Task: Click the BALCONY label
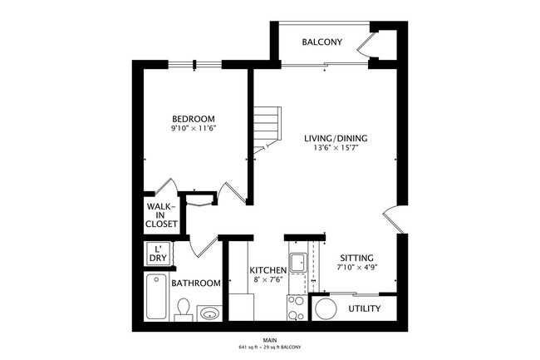pos(322,42)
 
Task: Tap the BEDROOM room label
pos(193,117)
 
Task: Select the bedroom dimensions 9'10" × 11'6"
pos(193,129)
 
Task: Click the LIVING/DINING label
pos(336,138)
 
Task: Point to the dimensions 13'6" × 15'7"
pos(336,149)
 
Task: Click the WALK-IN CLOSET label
pos(160,215)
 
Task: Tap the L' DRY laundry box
pos(157,254)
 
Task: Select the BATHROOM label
pos(196,284)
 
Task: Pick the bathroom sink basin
pos(210,313)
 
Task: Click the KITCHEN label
pos(268,271)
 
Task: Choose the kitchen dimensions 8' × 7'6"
pos(268,282)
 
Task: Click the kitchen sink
pos(297,264)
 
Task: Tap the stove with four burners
pos(297,308)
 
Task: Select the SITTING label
pos(356,258)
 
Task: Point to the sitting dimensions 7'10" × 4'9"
pos(356,269)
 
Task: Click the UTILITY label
pos(364,309)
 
